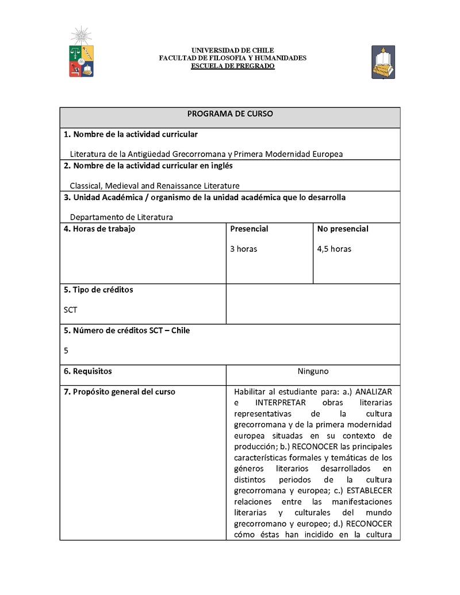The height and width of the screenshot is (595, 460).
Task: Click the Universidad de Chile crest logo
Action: pyautogui.click(x=81, y=55)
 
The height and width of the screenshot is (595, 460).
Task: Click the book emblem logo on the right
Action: pyautogui.click(x=383, y=62)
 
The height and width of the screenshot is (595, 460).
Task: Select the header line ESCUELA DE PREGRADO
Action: pyautogui.click(x=233, y=66)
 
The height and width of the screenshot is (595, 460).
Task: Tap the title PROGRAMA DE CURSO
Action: pyautogui.click(x=230, y=114)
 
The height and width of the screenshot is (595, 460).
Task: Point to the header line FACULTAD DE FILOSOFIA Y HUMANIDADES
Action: pyautogui.click(x=233, y=58)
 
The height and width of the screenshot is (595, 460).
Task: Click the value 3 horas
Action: pyautogui.click(x=244, y=249)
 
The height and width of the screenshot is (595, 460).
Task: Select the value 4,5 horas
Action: pyautogui.click(x=334, y=249)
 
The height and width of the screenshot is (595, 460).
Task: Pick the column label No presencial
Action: pyautogui.click(x=343, y=229)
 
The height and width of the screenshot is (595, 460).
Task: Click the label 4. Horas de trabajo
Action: pyautogui.click(x=99, y=229)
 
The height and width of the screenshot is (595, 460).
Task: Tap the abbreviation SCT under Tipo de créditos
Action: pyautogui.click(x=70, y=310)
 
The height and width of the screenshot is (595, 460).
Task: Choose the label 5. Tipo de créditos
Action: pyautogui.click(x=98, y=290)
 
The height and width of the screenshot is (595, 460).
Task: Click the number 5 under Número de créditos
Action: pyautogui.click(x=66, y=350)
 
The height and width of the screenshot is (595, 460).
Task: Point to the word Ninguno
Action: pyautogui.click(x=313, y=371)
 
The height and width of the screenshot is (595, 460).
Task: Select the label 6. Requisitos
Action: pyautogui.click(x=88, y=371)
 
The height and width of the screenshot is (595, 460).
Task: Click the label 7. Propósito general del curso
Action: pyautogui.click(x=120, y=392)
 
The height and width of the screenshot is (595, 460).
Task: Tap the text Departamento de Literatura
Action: pyautogui.click(x=121, y=217)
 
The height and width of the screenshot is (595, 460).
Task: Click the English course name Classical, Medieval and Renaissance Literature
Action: pyautogui.click(x=155, y=186)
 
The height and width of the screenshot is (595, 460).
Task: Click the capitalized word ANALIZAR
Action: pyautogui.click(x=374, y=391)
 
